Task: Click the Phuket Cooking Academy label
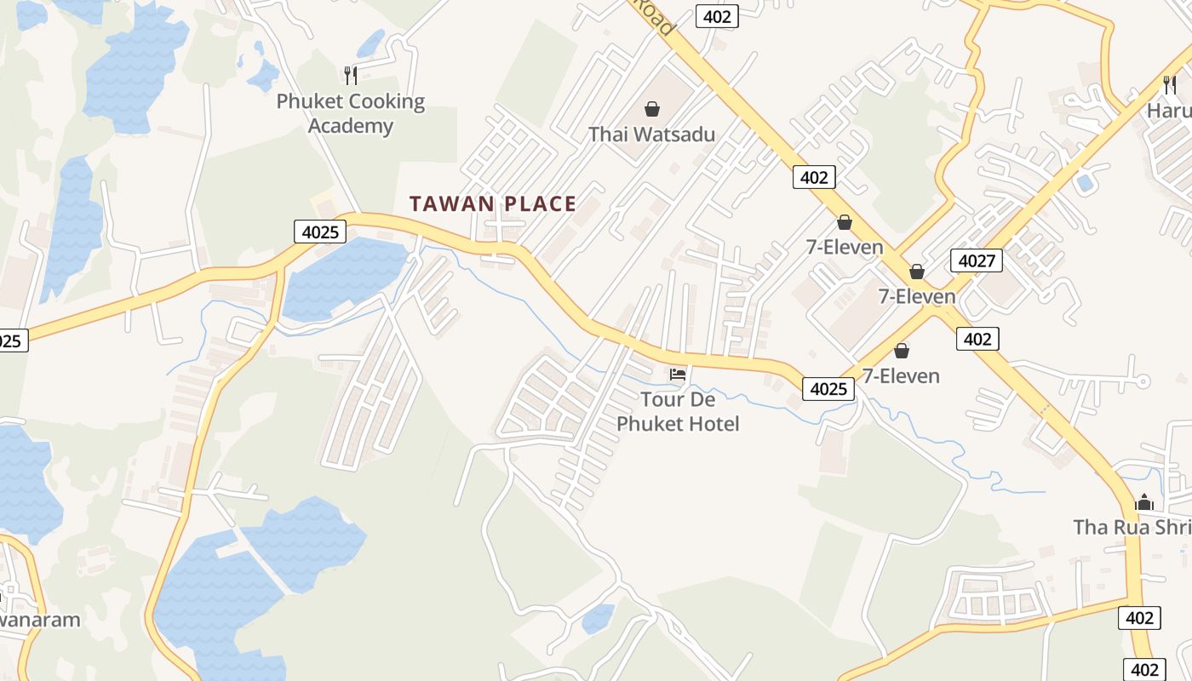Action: pos(350,114)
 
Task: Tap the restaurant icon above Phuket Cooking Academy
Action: pos(350,75)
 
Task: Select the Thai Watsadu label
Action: pos(651,134)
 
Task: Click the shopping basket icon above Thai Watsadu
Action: pos(651,109)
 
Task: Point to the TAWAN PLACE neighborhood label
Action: pos(493,204)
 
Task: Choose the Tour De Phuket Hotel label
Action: pos(678,411)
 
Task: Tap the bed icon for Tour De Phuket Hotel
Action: pos(678,374)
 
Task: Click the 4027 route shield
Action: pos(976,260)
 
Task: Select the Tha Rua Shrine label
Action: pos(1132,527)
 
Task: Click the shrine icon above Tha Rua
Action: pos(1144,502)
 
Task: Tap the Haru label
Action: pos(1168,111)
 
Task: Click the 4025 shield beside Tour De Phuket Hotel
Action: pos(828,389)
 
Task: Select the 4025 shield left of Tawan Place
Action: pos(318,232)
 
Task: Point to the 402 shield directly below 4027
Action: pos(977,339)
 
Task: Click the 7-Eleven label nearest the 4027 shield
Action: pos(916,297)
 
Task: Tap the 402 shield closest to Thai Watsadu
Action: pos(814,177)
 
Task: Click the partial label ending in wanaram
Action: pos(38,619)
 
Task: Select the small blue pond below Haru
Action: pos(1085,182)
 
